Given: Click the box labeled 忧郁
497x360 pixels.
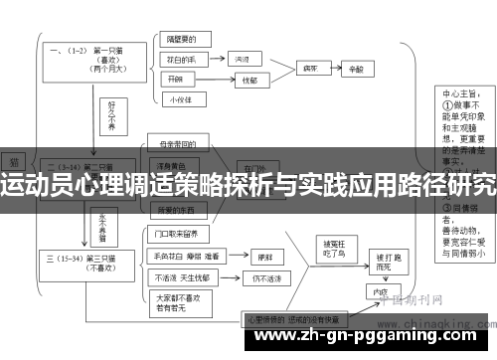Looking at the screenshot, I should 248,82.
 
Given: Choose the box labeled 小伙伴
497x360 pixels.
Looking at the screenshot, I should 179,99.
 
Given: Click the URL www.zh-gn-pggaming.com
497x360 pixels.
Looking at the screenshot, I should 248,341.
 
